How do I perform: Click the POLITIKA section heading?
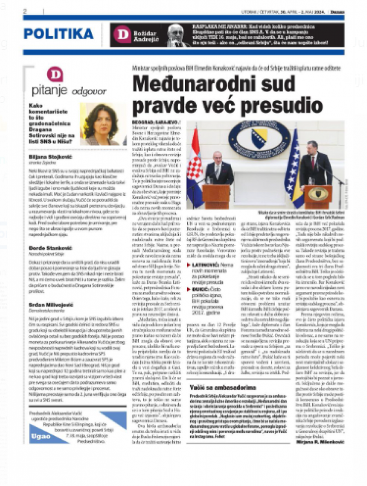click(58, 34)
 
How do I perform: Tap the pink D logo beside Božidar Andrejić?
click(122, 34)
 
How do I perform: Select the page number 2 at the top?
click(25, 11)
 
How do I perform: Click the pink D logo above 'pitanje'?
click(55, 75)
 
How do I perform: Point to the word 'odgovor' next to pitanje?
click(89, 91)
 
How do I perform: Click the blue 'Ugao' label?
click(40, 437)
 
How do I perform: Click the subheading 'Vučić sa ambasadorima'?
click(222, 387)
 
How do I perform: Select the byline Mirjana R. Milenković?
click(316, 441)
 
